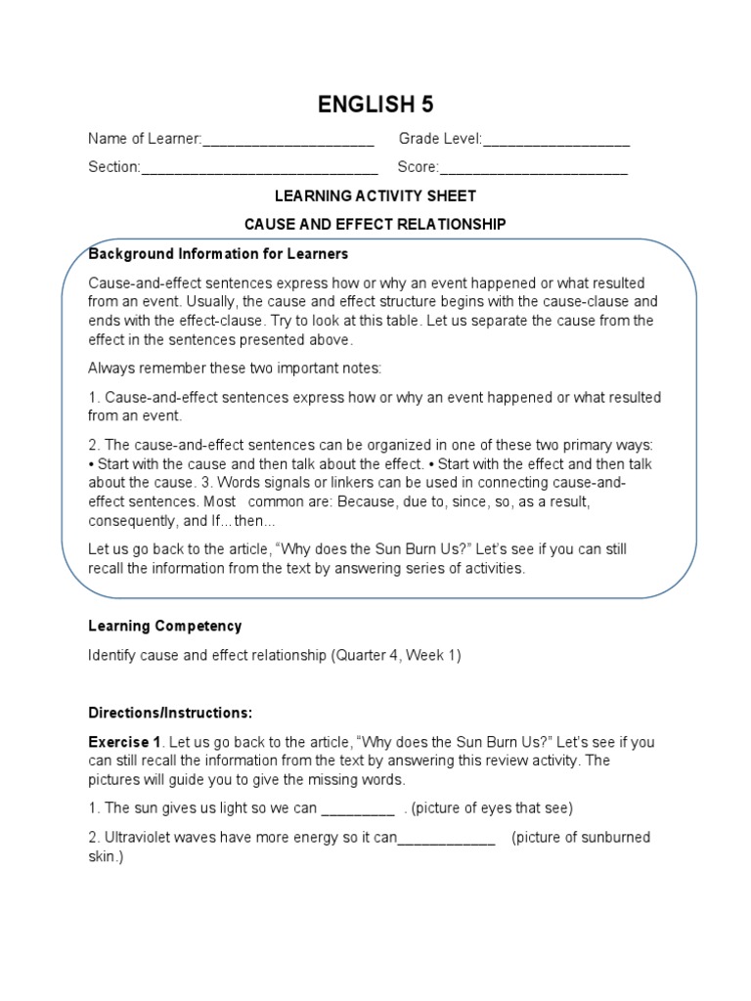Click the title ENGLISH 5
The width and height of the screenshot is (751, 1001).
click(x=375, y=105)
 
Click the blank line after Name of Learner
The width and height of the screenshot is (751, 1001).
click(x=288, y=143)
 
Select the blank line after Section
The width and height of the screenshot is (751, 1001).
click(x=260, y=170)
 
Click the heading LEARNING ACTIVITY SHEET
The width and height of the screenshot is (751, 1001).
click(x=375, y=196)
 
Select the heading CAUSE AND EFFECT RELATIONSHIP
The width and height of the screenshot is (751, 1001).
click(x=375, y=224)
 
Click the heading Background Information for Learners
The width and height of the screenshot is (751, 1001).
click(x=218, y=254)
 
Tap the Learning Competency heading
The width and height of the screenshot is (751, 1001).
click(x=164, y=626)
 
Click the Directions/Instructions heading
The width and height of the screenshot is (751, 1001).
click(x=170, y=712)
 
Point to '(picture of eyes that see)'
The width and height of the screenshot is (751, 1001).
click(x=492, y=808)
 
